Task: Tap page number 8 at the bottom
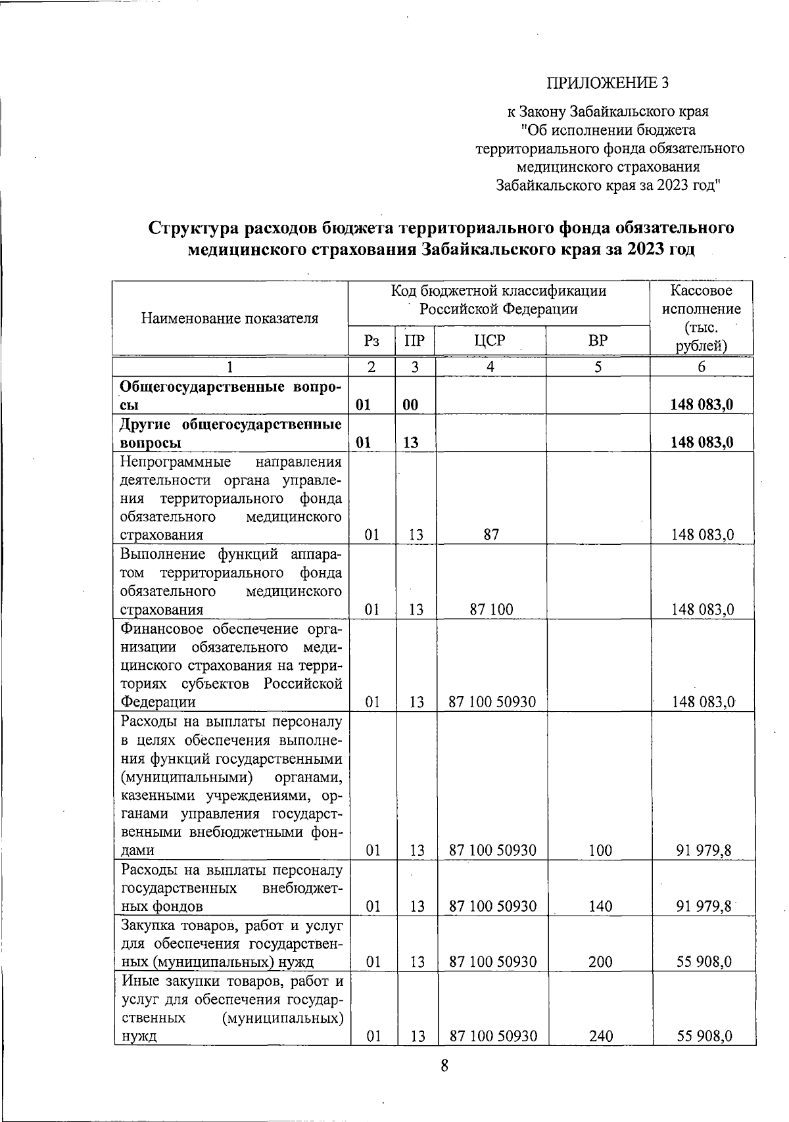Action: [x=444, y=1065]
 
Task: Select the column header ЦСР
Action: [x=490, y=340]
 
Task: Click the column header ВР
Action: [x=598, y=340]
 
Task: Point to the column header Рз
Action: [x=371, y=340]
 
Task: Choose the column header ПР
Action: [x=415, y=340]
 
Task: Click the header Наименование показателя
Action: [x=229, y=319]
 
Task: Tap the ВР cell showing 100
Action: [x=600, y=851]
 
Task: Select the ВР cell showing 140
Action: [x=600, y=906]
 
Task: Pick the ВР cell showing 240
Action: [x=600, y=1037]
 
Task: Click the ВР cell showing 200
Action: [x=600, y=962]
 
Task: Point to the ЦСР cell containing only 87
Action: [x=490, y=535]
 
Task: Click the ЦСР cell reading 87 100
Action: [x=490, y=610]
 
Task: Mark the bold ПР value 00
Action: [x=410, y=405]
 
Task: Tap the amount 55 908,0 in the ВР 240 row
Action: [x=705, y=1037]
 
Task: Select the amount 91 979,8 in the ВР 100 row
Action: [x=705, y=851]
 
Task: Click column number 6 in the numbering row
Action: [x=702, y=367]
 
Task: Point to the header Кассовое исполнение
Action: [x=702, y=300]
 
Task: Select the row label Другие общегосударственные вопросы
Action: [x=230, y=432]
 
